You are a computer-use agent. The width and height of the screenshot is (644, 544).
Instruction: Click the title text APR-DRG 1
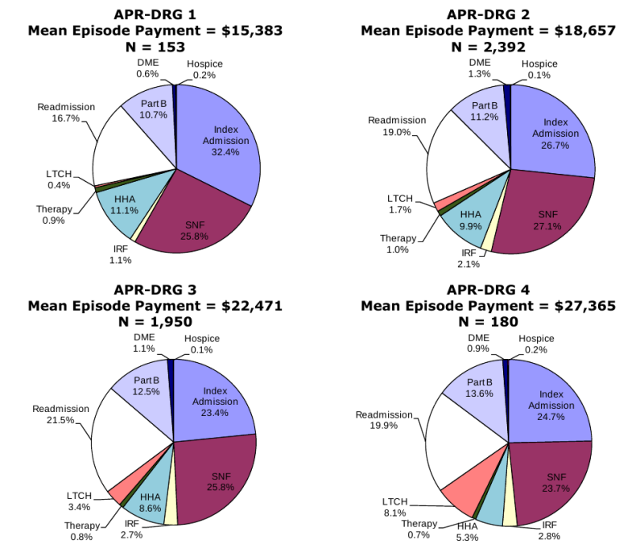click(x=155, y=14)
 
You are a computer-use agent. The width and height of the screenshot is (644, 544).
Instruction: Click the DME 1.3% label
click(x=478, y=68)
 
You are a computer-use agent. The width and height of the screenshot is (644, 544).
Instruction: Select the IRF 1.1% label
click(x=122, y=254)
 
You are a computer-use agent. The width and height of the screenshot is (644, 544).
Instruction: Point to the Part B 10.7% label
click(x=150, y=110)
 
